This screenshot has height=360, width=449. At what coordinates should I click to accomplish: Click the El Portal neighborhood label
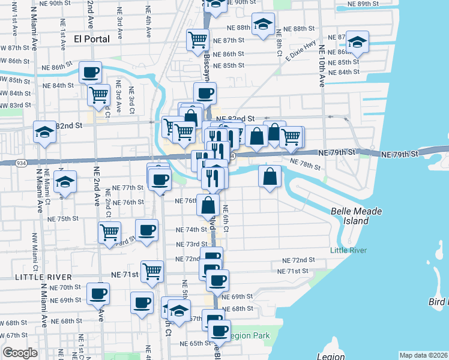click(x=91, y=39)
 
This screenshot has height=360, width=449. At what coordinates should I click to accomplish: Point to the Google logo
click(x=20, y=352)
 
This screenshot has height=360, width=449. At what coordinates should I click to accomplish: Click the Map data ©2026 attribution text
click(x=423, y=355)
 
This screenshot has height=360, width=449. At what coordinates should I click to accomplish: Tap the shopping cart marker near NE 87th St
click(x=197, y=40)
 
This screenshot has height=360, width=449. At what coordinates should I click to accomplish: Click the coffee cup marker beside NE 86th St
click(x=91, y=73)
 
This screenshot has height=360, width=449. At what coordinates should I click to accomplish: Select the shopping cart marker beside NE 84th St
click(x=98, y=94)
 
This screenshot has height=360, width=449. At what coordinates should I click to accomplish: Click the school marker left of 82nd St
click(x=44, y=133)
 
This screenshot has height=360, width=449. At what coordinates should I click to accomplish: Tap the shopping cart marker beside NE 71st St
click(x=152, y=271)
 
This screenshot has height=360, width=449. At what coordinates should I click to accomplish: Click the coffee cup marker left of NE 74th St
click(x=147, y=230)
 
